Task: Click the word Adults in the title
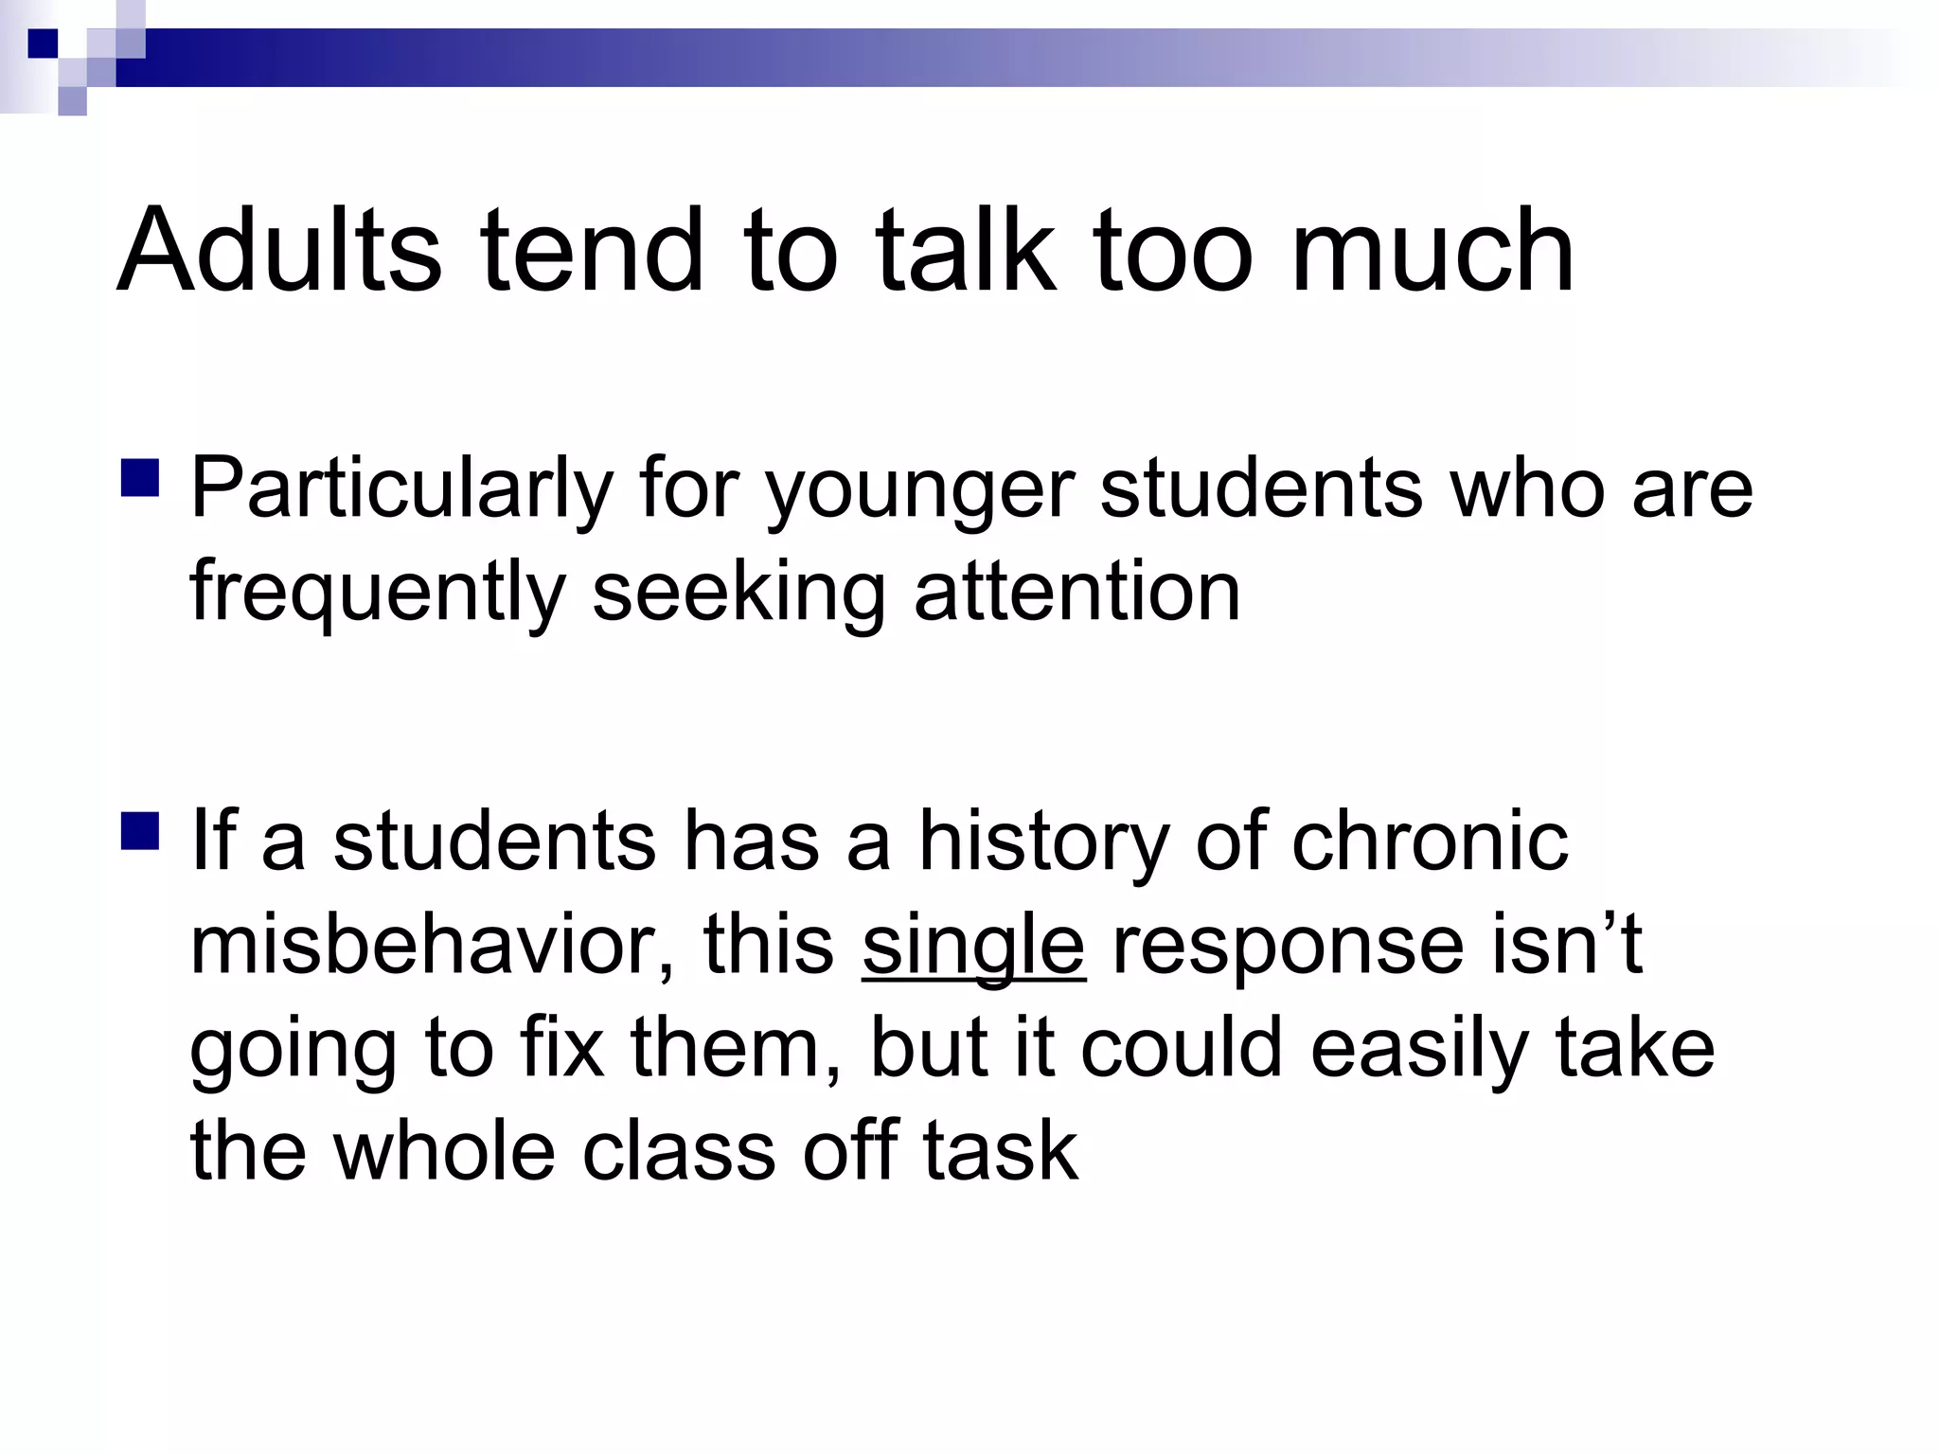pos(279,250)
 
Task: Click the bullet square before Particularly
pos(140,477)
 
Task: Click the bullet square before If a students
pos(140,830)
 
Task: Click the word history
pos(1044,842)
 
